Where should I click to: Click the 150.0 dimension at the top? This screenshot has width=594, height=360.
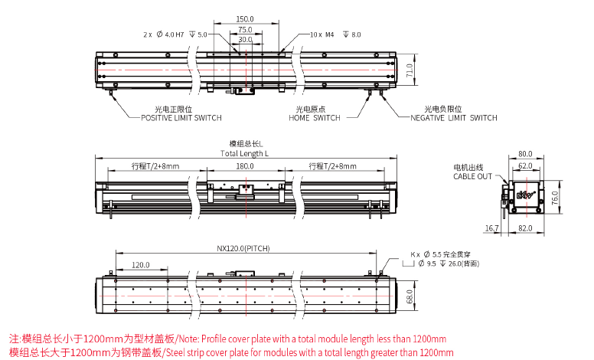[244, 18]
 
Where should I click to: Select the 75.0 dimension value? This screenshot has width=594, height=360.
[244, 29]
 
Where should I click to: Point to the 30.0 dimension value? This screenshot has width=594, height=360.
[244, 39]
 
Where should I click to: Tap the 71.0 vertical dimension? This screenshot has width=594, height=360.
[410, 71]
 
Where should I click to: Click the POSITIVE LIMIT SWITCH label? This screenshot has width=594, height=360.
[181, 118]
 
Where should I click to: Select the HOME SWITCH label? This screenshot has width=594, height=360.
[314, 118]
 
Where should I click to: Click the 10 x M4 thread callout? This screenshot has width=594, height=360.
[335, 34]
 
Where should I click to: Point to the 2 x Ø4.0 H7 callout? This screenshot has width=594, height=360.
[175, 34]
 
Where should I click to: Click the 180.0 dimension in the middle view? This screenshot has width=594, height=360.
[244, 165]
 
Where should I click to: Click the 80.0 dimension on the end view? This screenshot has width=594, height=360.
[525, 153]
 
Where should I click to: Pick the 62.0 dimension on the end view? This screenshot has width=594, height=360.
[525, 165]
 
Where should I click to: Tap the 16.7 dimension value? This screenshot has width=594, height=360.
[491, 228]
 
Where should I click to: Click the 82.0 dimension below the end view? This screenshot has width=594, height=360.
[525, 228]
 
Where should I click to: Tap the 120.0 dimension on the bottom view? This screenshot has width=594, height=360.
[140, 264]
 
